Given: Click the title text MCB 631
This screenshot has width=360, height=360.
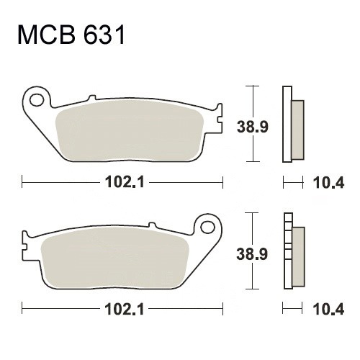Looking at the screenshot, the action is coord(71,35).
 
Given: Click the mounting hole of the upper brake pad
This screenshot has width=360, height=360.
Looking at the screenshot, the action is coord(37,100).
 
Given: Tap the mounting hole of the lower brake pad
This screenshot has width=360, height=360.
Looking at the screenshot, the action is coord(207,227).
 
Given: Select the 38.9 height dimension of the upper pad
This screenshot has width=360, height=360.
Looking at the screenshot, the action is coord(252,127).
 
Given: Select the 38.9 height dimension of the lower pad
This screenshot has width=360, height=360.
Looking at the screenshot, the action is coord(252,254).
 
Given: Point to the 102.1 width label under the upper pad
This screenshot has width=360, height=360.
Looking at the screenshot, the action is coord(125,182).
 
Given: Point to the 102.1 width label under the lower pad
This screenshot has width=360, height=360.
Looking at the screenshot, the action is coord(125,309).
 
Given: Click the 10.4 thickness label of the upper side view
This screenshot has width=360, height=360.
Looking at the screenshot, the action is coord(328,183).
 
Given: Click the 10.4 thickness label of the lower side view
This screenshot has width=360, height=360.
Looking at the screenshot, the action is coord(328,310).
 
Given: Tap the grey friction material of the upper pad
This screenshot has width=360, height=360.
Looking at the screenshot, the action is coord(130,131).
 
